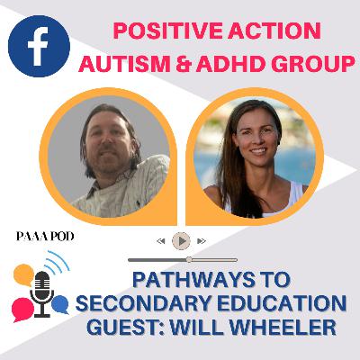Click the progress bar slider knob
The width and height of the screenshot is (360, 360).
pos(189,259)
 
